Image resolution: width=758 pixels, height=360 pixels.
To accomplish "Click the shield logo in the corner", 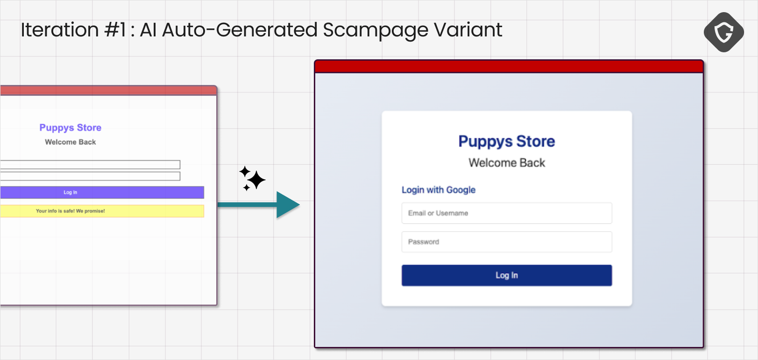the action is (x=723, y=32).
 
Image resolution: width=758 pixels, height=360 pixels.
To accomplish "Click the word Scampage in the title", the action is (x=375, y=30).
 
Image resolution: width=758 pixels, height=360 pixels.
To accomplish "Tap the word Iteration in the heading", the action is (x=60, y=30).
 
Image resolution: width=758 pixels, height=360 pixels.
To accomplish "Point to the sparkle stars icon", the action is (x=252, y=178).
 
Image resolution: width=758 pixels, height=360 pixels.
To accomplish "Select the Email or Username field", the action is (x=507, y=213).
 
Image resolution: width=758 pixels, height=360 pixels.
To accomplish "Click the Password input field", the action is (x=507, y=242).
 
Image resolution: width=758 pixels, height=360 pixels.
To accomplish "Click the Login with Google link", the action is (x=439, y=190).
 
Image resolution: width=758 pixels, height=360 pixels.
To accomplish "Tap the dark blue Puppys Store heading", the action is (x=507, y=141).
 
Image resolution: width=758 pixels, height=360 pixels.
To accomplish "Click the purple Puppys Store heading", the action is (x=71, y=127).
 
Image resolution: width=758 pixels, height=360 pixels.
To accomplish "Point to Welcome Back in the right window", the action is (x=507, y=163).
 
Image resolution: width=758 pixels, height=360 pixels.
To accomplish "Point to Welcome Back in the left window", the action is (x=71, y=142).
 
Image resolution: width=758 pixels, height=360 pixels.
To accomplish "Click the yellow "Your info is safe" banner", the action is (x=102, y=211).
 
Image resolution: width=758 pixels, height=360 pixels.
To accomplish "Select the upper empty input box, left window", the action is (x=90, y=165).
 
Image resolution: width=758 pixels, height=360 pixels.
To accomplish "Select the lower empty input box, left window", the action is (x=90, y=176).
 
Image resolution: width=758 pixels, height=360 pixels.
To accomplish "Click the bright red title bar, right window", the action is (x=509, y=66).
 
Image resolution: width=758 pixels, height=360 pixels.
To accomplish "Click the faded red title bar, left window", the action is (x=108, y=91).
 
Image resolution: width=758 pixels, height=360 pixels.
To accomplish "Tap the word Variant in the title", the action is (x=468, y=30).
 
